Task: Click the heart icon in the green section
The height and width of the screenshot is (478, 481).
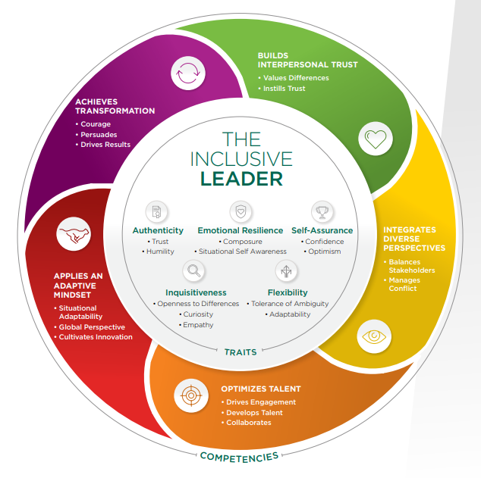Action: (376, 139)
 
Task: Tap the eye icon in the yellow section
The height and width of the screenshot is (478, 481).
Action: (376, 336)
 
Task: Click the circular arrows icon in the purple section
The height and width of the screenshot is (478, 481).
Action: (187, 74)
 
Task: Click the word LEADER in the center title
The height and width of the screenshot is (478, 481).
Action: (240, 179)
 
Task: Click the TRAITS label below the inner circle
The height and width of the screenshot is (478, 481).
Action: (240, 351)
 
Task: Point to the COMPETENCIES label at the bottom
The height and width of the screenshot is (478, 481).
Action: (239, 455)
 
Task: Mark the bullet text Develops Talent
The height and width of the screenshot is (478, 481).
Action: (251, 412)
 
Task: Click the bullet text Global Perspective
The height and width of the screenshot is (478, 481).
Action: (92, 326)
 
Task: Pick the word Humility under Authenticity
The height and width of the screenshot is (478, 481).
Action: (160, 251)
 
